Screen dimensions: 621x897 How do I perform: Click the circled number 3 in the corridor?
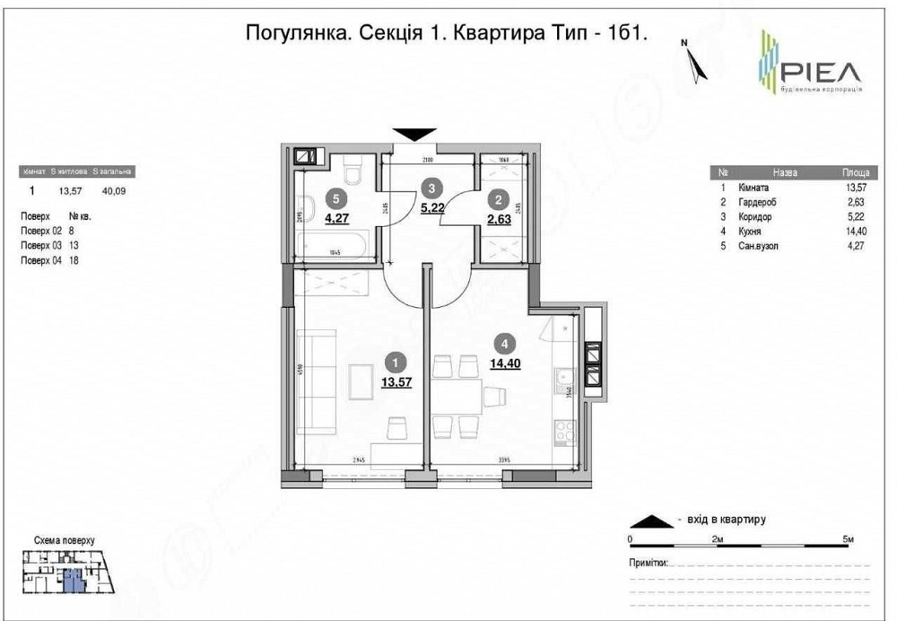(432, 188)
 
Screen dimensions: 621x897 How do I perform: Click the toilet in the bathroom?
(352, 169)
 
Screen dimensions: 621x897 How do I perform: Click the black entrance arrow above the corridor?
(414, 134)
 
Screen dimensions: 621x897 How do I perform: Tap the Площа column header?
(854, 171)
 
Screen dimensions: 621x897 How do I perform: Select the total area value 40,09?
(114, 190)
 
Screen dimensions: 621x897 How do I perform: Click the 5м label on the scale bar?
(848, 538)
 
